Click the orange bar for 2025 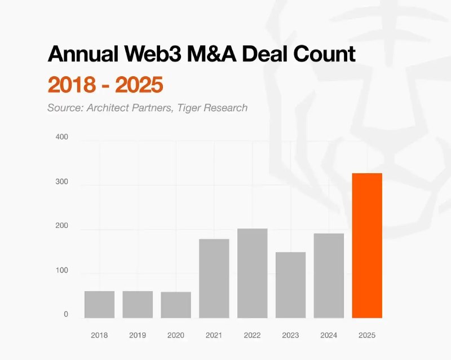pyautogui.click(x=367, y=245)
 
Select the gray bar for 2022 pyautogui.click(x=252, y=273)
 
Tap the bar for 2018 pyautogui.click(x=100, y=304)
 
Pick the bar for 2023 pyautogui.click(x=290, y=285)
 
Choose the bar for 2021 pyautogui.click(x=214, y=279)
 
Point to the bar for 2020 pyautogui.click(x=176, y=305)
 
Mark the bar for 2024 pyautogui.click(x=329, y=275)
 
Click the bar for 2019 pyautogui.click(x=138, y=304)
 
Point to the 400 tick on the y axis pyautogui.click(x=62, y=137)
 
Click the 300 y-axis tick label pyautogui.click(x=62, y=182)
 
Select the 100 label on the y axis pyautogui.click(x=62, y=270)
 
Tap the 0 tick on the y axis pyautogui.click(x=66, y=314)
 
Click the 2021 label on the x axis pyautogui.click(x=214, y=335)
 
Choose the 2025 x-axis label pyautogui.click(x=367, y=335)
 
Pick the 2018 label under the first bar pyautogui.click(x=100, y=335)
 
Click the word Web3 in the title pyautogui.click(x=153, y=54)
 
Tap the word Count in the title pyautogui.click(x=325, y=54)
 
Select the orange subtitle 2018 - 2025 pyautogui.click(x=105, y=85)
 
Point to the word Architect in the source pyautogui.click(x=108, y=108)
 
